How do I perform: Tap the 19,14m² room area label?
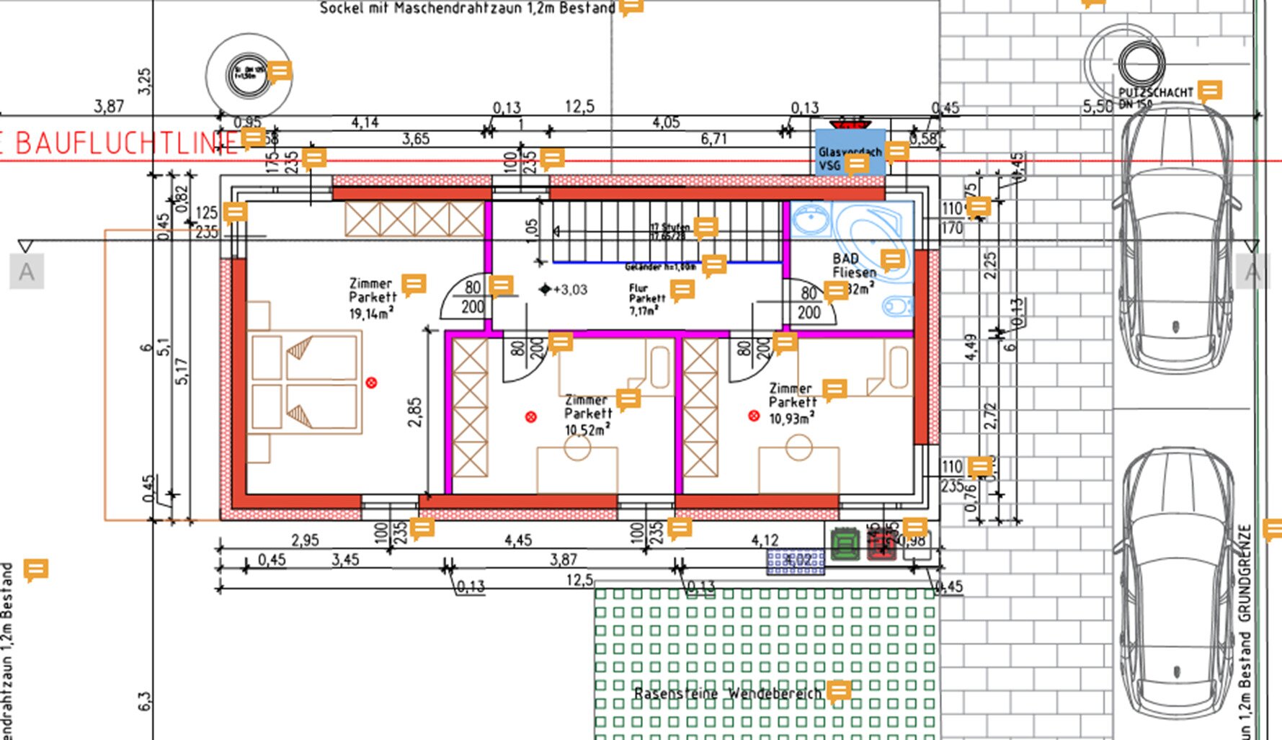click(x=371, y=313)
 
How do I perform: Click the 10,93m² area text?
click(x=791, y=419)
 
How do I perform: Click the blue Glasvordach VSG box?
click(x=850, y=151)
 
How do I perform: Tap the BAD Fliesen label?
click(x=855, y=265)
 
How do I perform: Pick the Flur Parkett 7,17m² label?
click(x=646, y=300)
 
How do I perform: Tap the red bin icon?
click(x=881, y=545)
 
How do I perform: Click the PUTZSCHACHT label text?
click(x=1155, y=93)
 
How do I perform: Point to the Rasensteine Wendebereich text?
click(x=727, y=694)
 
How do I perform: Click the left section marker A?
click(x=27, y=272)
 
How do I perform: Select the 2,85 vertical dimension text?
click(x=414, y=412)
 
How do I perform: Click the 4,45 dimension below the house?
click(x=518, y=540)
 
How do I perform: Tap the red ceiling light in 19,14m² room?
click(x=371, y=383)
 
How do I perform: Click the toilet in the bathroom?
click(x=896, y=306)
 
